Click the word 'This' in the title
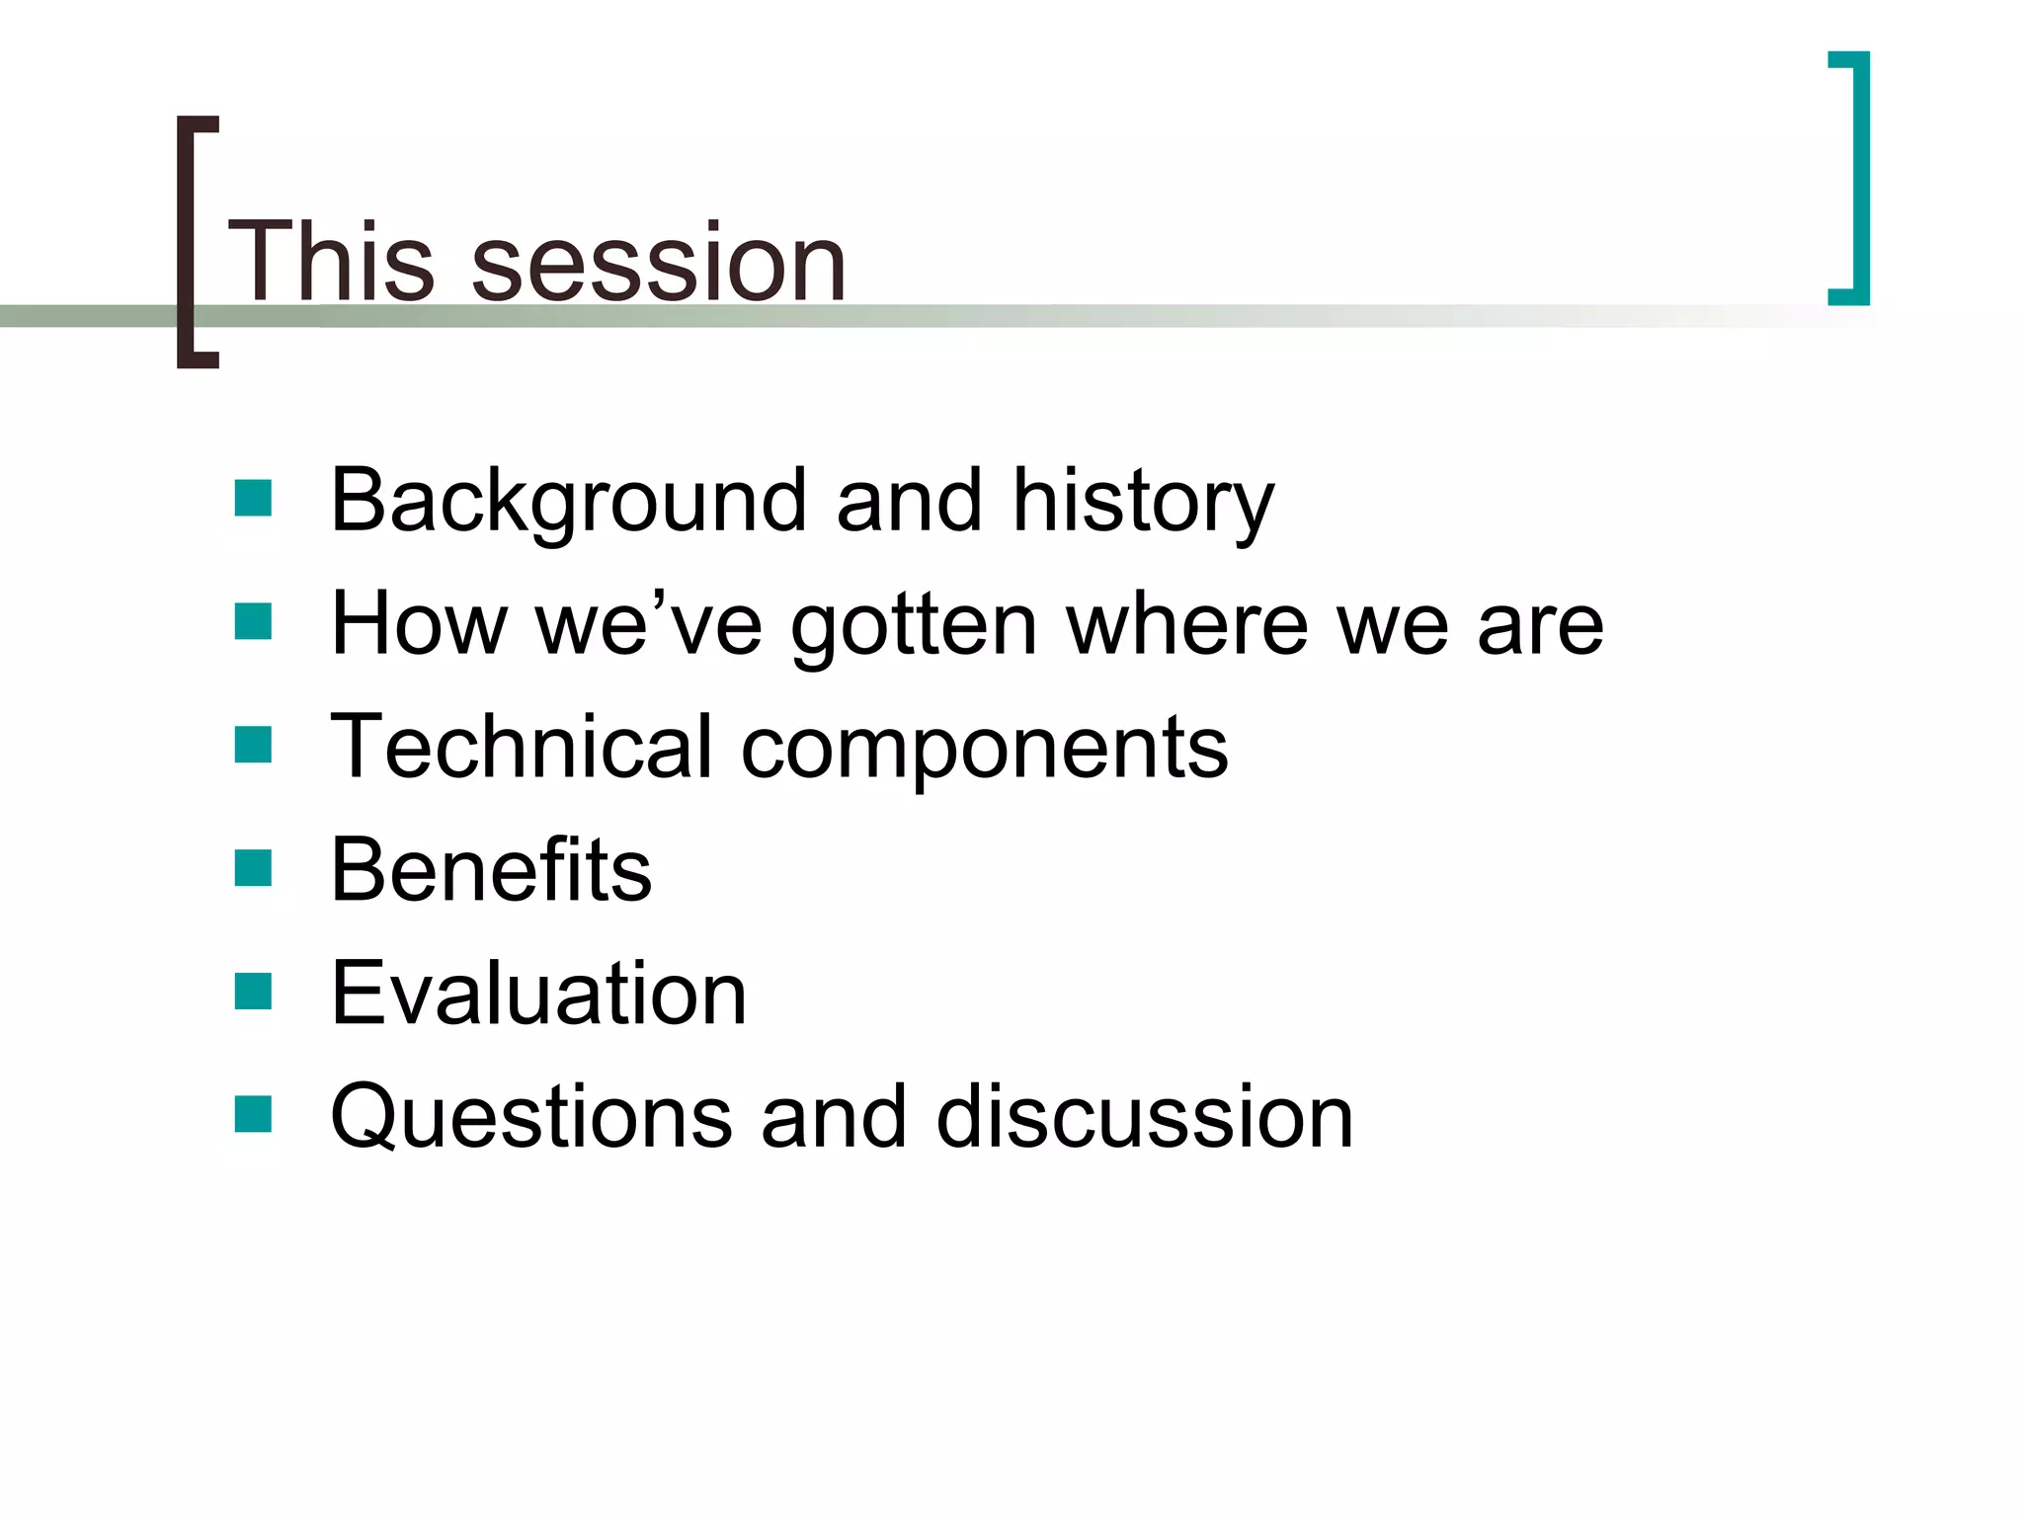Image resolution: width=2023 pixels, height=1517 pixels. [331, 262]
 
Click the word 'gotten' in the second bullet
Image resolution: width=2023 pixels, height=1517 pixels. [914, 627]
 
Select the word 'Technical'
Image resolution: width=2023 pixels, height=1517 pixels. [521, 747]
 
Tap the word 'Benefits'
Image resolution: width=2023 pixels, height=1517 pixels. [491, 870]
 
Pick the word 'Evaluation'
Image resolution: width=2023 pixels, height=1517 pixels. [538, 994]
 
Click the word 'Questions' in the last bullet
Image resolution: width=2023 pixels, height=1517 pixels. [531, 1117]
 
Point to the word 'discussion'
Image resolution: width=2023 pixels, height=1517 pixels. [1144, 1117]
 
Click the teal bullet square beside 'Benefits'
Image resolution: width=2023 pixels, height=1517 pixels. [253, 869]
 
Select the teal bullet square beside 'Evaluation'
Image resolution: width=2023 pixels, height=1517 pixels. [253, 992]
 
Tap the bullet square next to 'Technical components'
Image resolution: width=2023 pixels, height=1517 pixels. [253, 746]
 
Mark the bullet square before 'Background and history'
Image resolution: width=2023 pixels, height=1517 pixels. [253, 499]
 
